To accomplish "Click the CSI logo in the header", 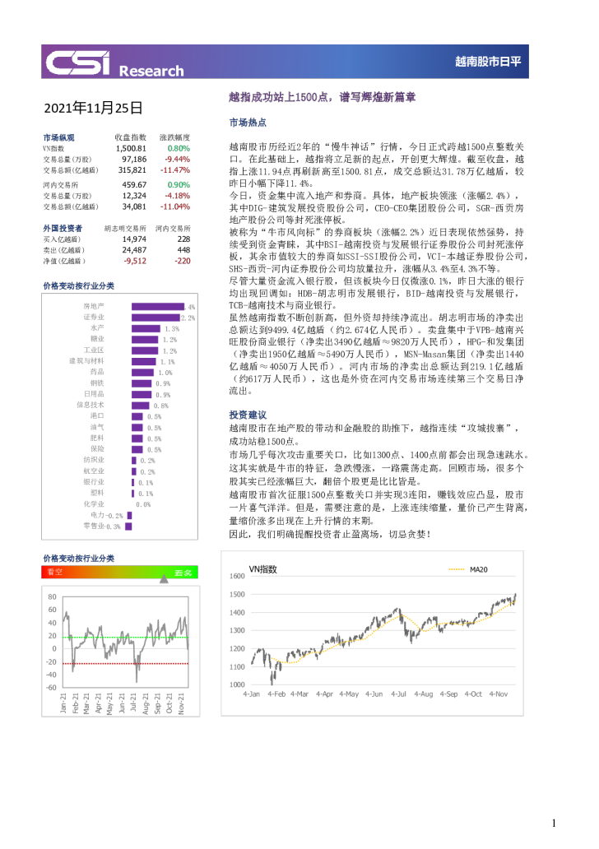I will [x=78, y=63].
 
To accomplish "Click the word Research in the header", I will [x=151, y=71].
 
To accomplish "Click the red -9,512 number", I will [x=135, y=261].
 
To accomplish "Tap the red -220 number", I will [x=183, y=261].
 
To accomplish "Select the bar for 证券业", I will [x=155, y=318].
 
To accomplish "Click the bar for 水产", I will [x=146, y=328].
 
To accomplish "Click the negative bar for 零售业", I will [x=128, y=526].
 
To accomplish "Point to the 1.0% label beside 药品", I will [x=165, y=373].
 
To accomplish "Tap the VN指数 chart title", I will [x=262, y=569].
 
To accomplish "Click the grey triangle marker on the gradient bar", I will [x=164, y=579].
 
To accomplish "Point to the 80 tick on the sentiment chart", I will [x=53, y=597].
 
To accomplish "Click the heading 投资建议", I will [x=247, y=415].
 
